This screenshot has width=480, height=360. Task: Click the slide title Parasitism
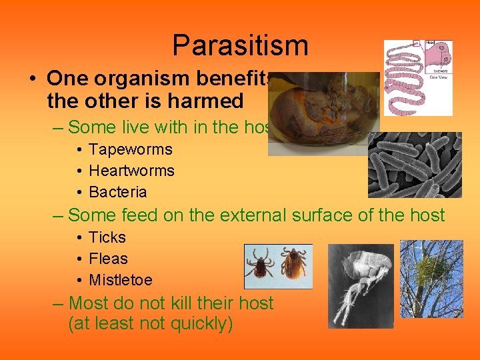240,46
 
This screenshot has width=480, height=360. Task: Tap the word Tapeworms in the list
131,149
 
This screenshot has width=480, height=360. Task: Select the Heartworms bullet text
131,171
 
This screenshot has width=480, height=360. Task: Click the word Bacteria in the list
118,192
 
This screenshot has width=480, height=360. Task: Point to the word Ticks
107,237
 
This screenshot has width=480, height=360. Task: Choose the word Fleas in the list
108,259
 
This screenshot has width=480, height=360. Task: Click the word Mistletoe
121,280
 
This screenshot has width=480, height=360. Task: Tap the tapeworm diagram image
418,77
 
